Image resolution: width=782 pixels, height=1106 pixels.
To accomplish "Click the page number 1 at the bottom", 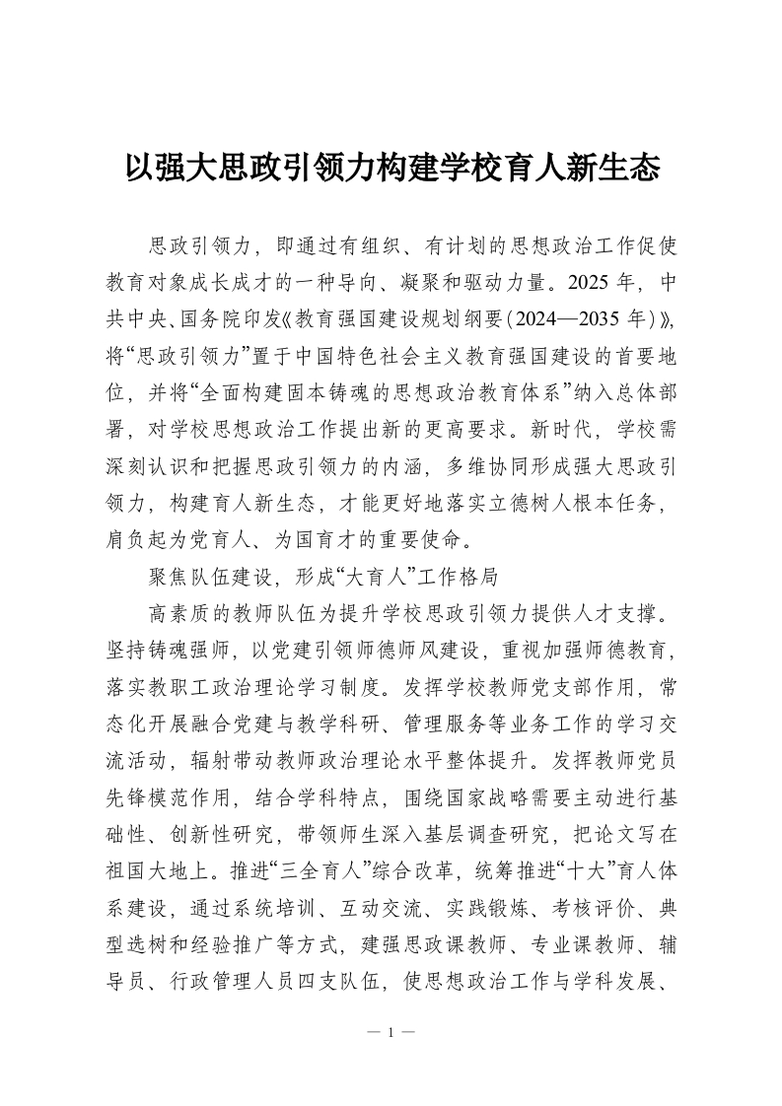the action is [x=391, y=1033].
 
